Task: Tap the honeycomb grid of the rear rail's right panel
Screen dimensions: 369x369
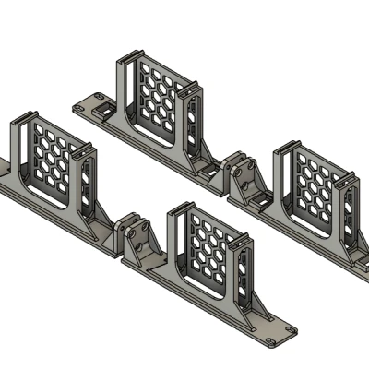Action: [x=317, y=189]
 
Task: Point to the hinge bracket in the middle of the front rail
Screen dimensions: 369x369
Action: [x=136, y=239]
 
